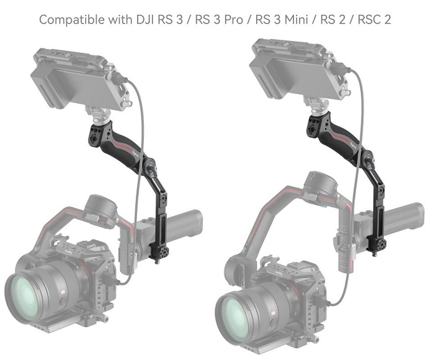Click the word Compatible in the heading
72,20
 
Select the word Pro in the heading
234,20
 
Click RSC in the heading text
367,19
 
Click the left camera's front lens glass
25,296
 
